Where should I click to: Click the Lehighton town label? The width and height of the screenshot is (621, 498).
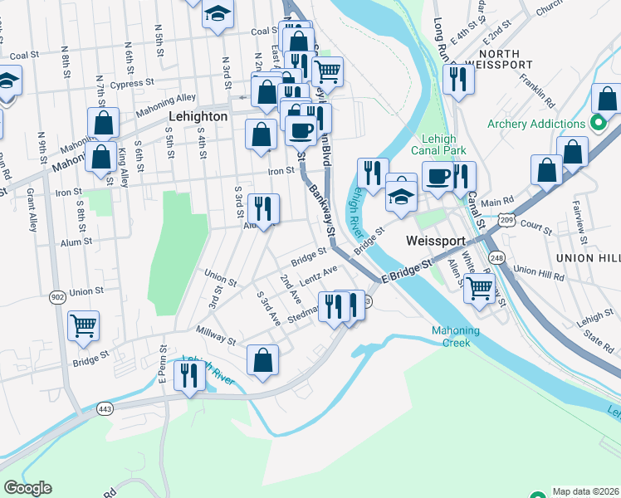[198, 117]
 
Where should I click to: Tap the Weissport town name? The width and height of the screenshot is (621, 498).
[434, 240]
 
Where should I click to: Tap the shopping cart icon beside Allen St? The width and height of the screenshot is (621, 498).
[480, 288]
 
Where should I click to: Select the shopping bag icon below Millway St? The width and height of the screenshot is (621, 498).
[262, 359]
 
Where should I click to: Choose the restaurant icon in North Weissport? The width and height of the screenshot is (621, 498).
[458, 79]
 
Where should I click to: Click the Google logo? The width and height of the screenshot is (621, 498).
[27, 488]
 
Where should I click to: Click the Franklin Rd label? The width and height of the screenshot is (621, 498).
[538, 93]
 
